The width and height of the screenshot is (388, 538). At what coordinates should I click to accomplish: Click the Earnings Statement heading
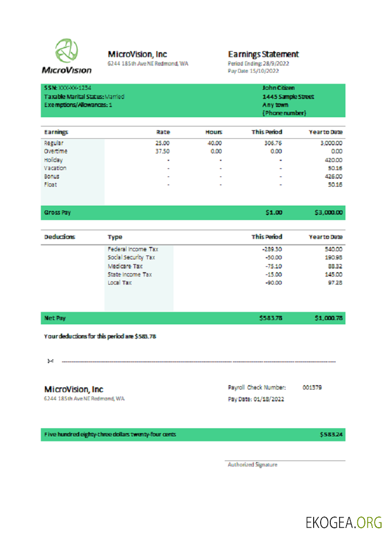(263, 54)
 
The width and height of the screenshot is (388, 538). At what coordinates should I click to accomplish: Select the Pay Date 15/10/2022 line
(253, 70)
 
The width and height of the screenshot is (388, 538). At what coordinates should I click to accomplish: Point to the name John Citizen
(278, 88)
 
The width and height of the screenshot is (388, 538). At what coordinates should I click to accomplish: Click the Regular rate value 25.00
(162, 144)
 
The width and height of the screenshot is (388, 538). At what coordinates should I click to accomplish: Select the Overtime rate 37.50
(162, 152)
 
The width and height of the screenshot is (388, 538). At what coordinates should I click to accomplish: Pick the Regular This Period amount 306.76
(272, 144)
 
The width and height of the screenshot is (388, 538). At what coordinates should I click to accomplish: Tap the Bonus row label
(52, 176)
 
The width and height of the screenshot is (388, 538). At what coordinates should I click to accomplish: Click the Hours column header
(213, 132)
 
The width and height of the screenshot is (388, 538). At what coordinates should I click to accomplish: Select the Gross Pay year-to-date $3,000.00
(328, 213)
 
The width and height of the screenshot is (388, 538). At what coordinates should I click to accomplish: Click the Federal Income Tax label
(133, 249)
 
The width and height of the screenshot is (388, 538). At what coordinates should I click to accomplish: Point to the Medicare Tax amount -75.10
(272, 266)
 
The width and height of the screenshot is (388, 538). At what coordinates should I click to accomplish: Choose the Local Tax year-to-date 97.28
(334, 282)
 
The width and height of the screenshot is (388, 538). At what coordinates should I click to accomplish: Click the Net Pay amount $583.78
(271, 318)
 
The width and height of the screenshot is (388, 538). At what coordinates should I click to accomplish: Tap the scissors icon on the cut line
(50, 360)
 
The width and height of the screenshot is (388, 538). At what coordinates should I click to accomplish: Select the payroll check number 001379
(312, 387)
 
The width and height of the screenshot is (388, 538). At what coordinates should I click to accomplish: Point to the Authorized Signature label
(252, 464)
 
